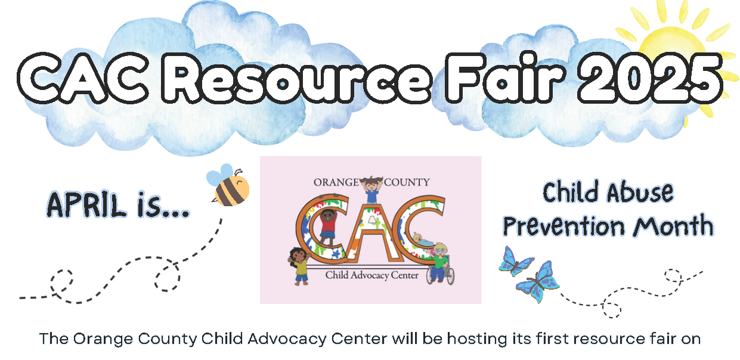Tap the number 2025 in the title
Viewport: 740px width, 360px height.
tap(650, 78)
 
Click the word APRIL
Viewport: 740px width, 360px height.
tap(86, 205)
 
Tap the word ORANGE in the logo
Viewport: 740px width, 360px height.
tap(336, 182)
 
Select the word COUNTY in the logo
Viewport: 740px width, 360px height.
tap(407, 182)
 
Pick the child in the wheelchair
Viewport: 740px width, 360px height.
tap(440, 264)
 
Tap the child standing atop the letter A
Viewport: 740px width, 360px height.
tap(371, 190)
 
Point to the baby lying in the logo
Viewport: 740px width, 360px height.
tap(422, 240)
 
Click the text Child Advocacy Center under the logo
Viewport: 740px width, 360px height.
tap(372, 275)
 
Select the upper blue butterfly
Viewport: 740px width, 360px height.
tap(515, 262)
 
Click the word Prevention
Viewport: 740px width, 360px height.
tap(563, 226)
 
